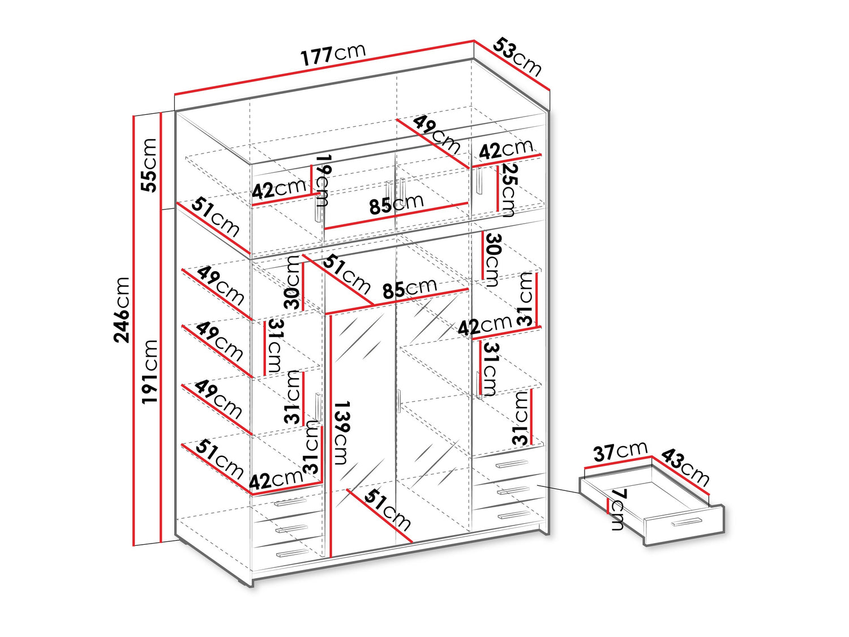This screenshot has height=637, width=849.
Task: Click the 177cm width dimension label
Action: [333, 53]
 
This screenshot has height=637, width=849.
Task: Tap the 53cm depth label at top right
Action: [517, 57]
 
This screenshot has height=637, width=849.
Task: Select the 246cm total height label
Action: [122, 310]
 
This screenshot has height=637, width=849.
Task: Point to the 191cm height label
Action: [149, 371]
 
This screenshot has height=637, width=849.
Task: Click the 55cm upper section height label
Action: [149, 165]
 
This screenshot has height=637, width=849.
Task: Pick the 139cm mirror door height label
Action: [341, 433]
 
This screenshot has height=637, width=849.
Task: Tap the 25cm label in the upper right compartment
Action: [507, 190]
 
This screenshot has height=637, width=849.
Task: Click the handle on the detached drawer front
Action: [687, 521]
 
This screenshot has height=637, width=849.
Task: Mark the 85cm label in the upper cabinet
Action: [396, 204]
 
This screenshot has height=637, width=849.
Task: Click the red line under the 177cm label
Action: [324, 67]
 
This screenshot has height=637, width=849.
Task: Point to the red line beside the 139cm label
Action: [331, 436]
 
